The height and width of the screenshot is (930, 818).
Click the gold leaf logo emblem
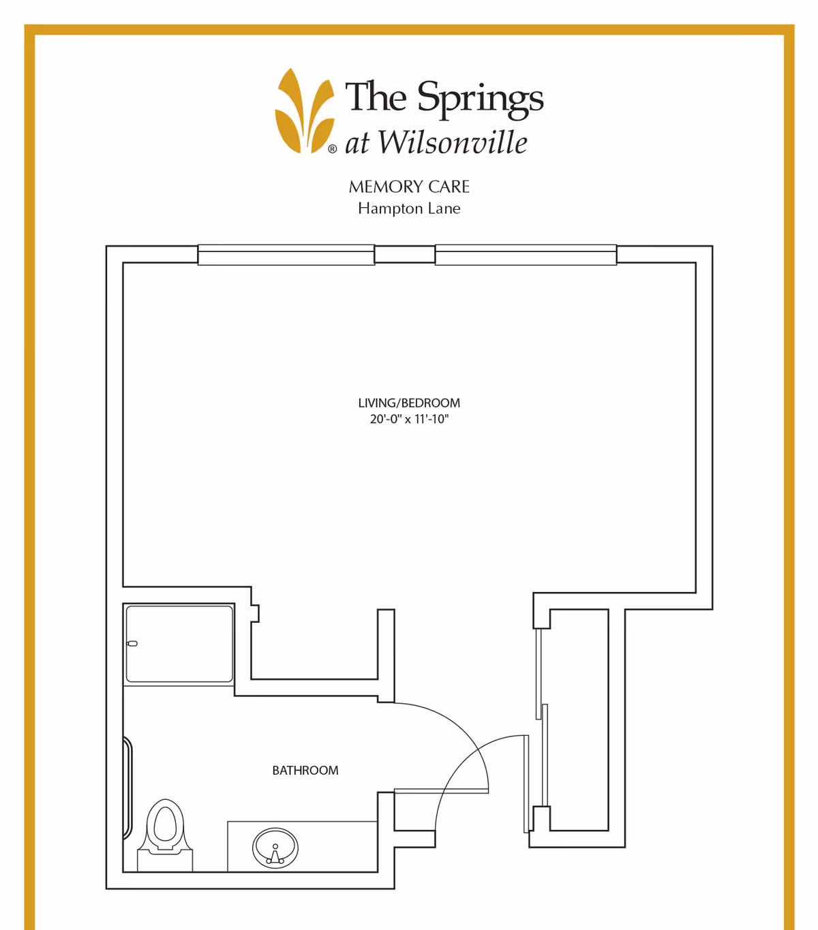point(305,112)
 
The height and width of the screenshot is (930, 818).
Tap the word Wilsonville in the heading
point(453,142)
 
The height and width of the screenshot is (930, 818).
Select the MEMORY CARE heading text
point(409,187)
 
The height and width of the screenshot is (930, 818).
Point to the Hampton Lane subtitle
point(409,208)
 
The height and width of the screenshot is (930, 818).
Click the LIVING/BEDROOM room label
point(409,403)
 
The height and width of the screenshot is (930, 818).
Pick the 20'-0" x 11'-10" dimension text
point(409,419)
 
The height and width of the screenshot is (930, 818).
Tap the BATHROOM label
point(305,771)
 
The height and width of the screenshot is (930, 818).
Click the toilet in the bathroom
point(165,835)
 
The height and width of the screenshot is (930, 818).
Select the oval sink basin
point(275,848)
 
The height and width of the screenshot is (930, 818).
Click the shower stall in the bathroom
point(179,644)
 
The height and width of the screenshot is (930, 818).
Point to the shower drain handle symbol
point(132,644)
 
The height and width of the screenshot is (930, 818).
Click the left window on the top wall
point(286,255)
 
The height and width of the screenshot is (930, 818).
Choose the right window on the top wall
point(526,255)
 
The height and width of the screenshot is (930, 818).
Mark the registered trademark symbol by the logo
point(332,149)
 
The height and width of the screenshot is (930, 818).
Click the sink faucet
point(275,856)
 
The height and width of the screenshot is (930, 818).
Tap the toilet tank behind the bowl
point(165,861)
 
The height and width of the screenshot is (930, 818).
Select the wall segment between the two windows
point(405,254)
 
